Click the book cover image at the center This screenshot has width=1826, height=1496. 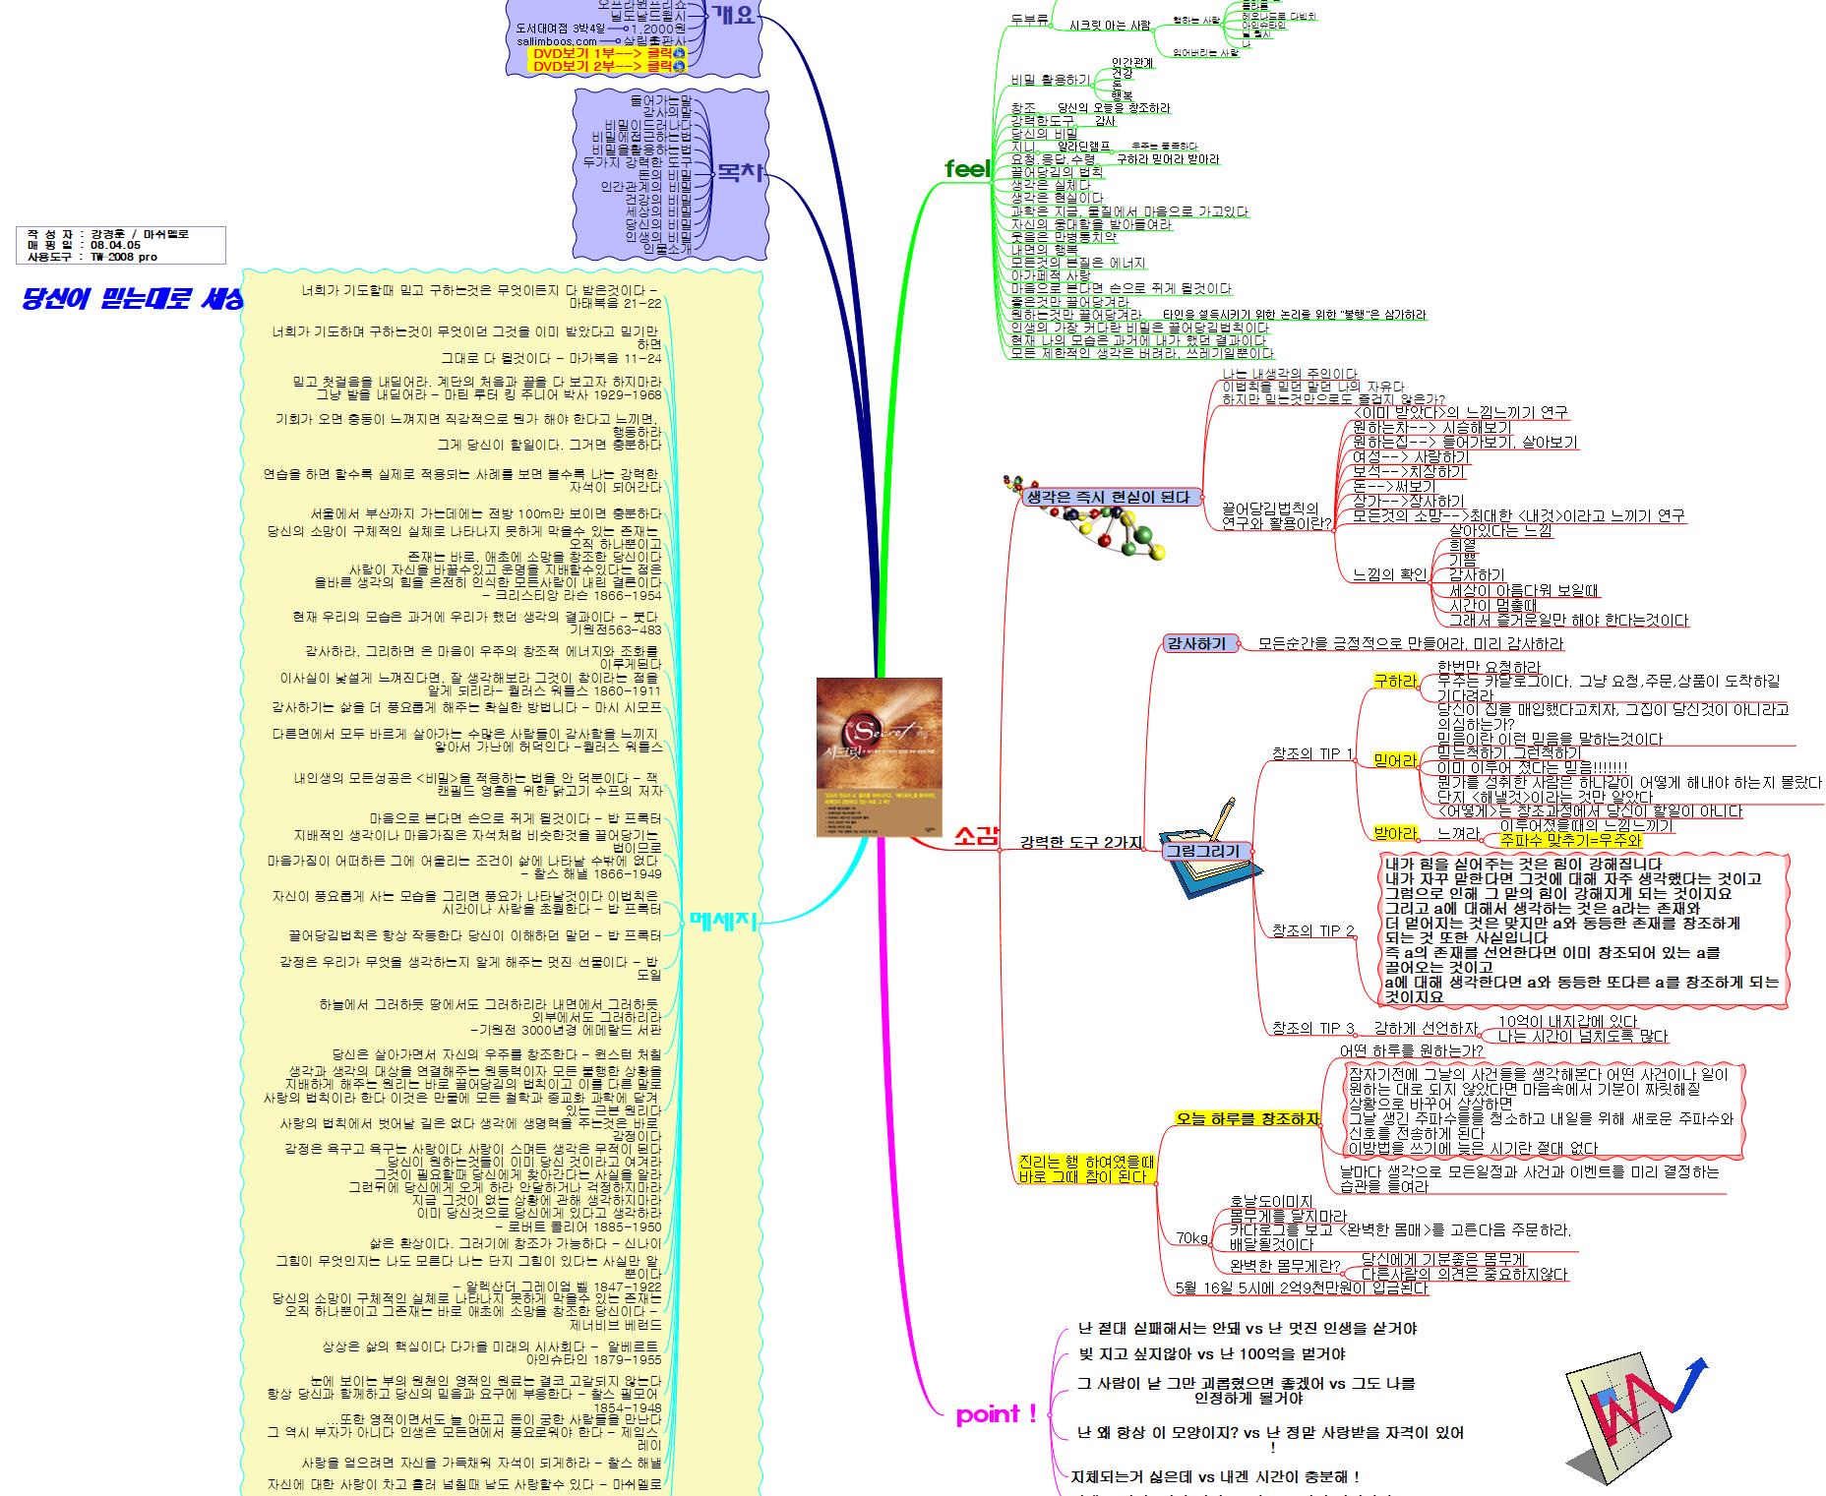pyautogui.click(x=879, y=757)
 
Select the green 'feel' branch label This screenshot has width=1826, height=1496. pyautogui.click(x=966, y=169)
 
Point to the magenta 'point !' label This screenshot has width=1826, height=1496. pyautogui.click(x=996, y=1415)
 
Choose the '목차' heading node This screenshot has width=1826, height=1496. pyautogui.click(x=740, y=174)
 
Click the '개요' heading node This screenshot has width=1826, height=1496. pyautogui.click(x=733, y=15)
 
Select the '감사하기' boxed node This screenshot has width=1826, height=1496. pyautogui.click(x=1195, y=644)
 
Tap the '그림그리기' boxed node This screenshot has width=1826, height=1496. pyautogui.click(x=1201, y=851)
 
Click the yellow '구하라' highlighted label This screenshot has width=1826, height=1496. pyautogui.click(x=1395, y=682)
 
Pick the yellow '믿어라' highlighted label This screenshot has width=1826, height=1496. pyautogui.click(x=1395, y=760)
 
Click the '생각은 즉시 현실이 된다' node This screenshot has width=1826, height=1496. pyautogui.click(x=1107, y=498)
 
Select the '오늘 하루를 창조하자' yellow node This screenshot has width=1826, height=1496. pyautogui.click(x=1247, y=1118)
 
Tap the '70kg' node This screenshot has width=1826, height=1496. pyautogui.click(x=1191, y=1238)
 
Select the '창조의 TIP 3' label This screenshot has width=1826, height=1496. pyautogui.click(x=1312, y=1029)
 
